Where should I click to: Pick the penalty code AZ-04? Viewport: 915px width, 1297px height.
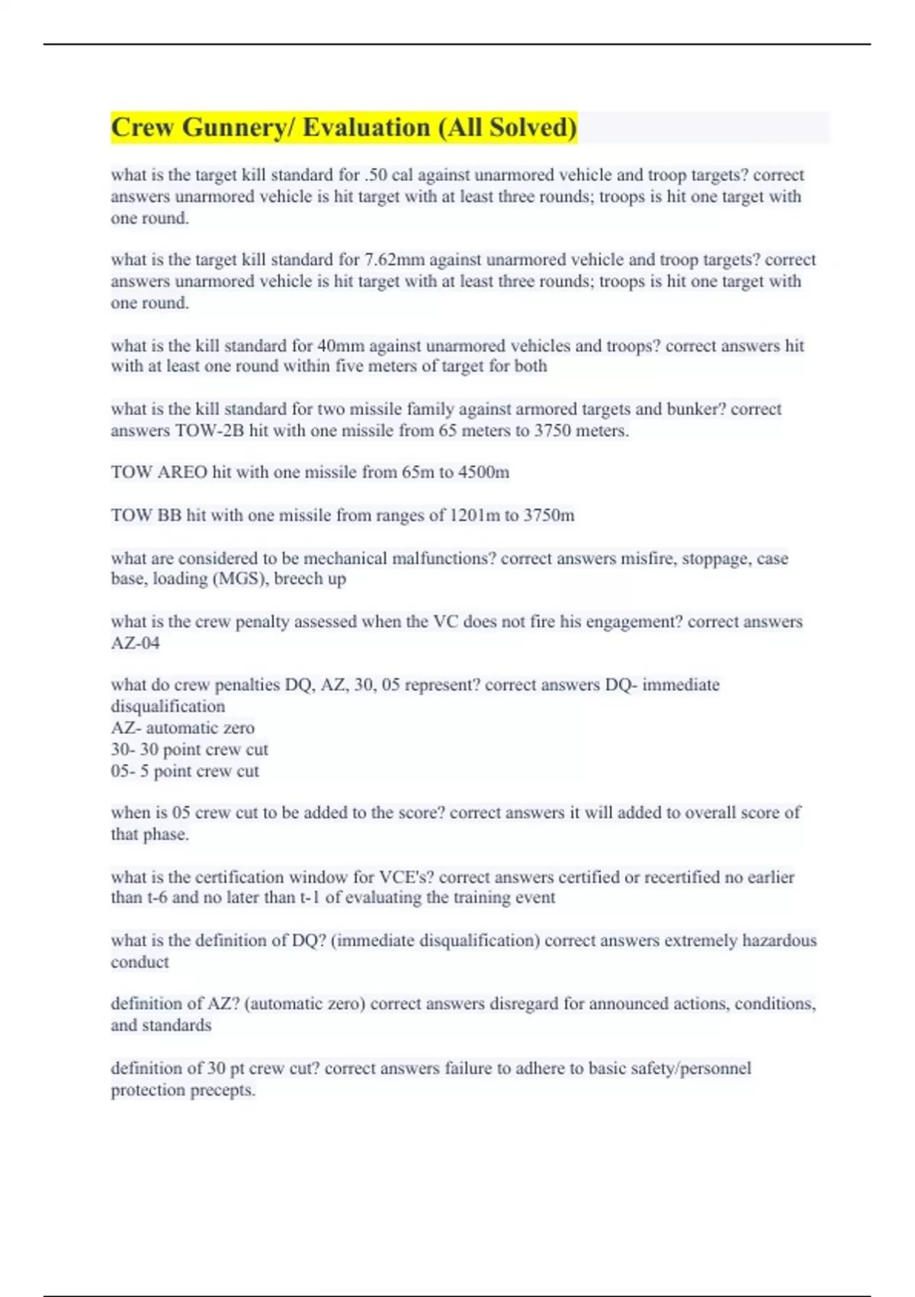tap(135, 643)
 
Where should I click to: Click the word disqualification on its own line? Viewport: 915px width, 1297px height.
tap(168, 706)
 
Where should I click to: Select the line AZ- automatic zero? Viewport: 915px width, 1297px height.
tap(182, 728)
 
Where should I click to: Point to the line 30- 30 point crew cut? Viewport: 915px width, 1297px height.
tap(189, 749)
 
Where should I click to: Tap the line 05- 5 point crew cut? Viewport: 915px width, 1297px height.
tap(185, 771)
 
